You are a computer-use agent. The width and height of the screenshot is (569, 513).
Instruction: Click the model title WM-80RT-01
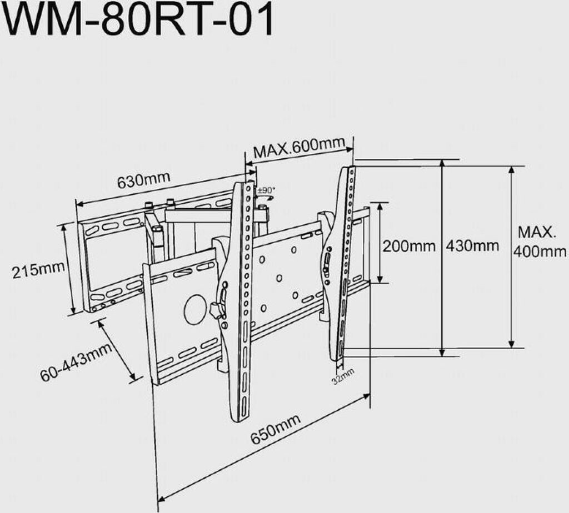pos(137,19)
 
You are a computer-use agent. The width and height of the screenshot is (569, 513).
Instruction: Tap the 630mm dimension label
pos(143,180)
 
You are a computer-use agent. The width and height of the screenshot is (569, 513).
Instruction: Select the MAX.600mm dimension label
pos(298,147)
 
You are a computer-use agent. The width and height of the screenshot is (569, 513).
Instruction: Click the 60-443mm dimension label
pos(76,363)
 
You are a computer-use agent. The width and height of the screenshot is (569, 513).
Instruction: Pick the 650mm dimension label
pos(276,429)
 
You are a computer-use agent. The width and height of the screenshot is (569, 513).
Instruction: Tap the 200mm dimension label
pos(409,246)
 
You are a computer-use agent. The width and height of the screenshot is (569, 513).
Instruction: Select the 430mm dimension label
pos(472,246)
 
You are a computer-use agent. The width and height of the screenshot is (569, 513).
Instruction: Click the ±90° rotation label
pos(266,190)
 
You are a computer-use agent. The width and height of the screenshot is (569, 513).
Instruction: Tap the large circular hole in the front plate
pos(196,309)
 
